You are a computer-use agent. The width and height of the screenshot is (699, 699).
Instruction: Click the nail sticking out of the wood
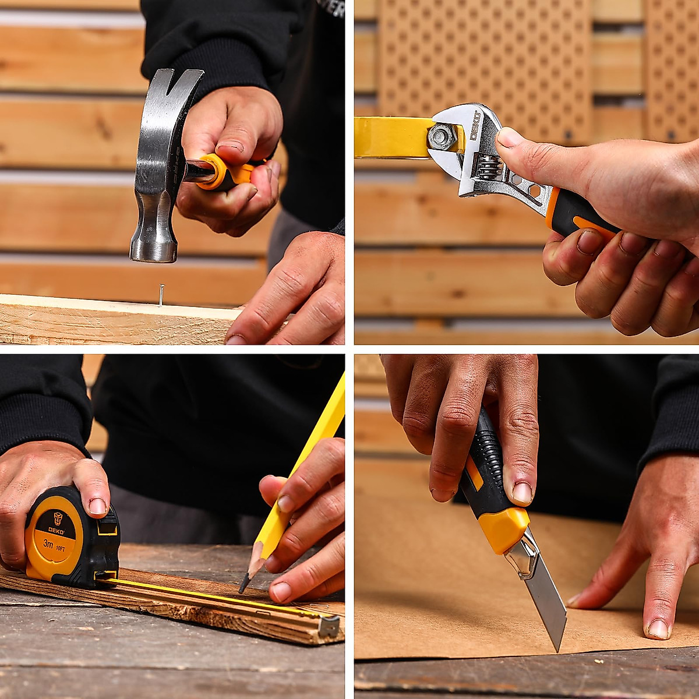(161, 295)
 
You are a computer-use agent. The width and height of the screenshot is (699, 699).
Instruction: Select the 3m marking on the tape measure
(48, 544)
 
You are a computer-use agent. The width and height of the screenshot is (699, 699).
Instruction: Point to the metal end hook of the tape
(329, 626)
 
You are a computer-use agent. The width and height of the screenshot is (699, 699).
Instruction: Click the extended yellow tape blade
(204, 594)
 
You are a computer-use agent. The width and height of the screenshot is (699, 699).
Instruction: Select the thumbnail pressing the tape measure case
(97, 506)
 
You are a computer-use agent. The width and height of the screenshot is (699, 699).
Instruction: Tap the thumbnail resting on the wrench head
(509, 137)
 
